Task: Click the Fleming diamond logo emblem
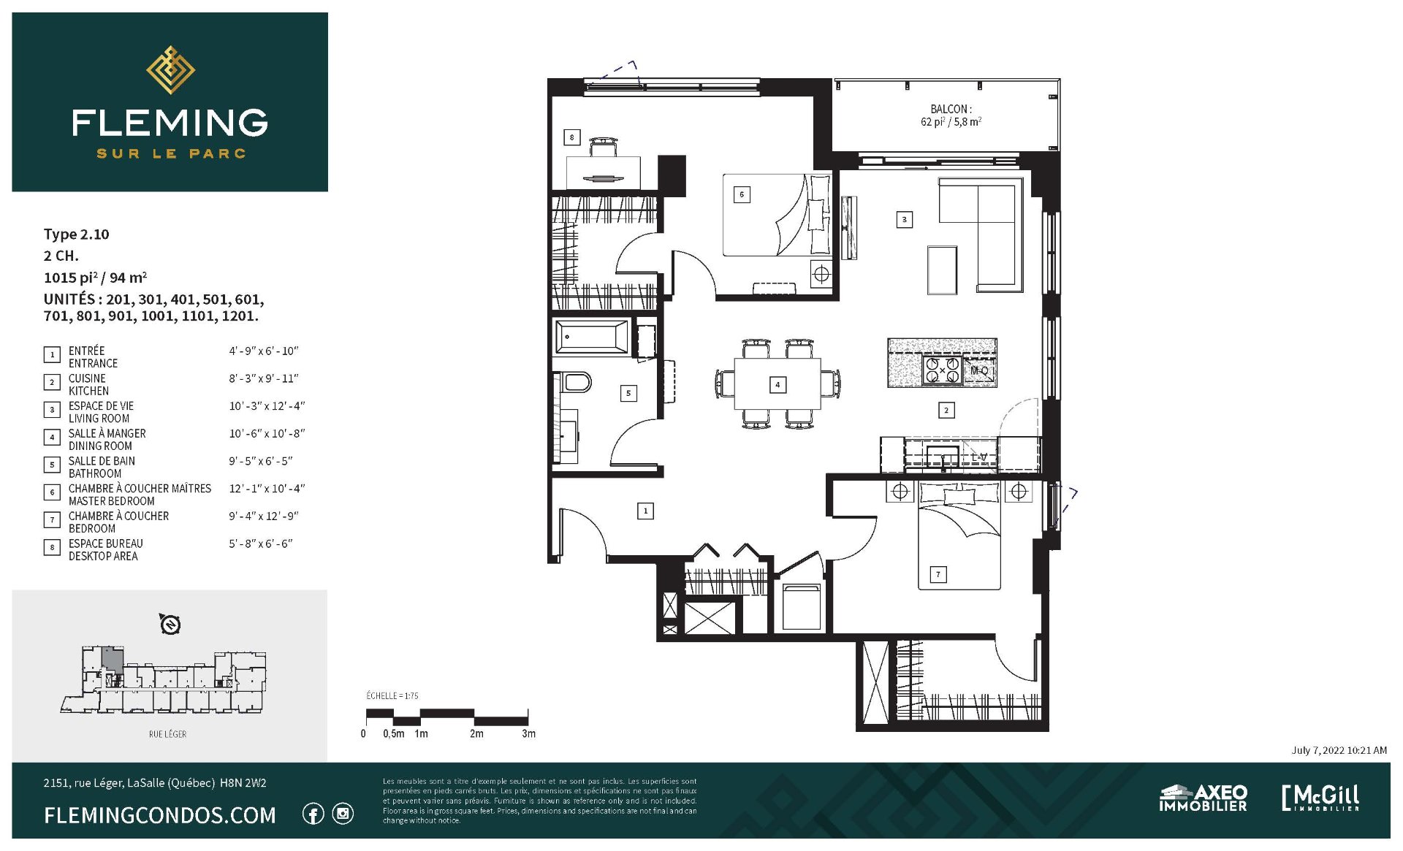[170, 70]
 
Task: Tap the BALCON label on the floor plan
[951, 109]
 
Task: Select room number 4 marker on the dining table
[777, 384]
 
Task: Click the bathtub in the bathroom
[592, 338]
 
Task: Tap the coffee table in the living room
[942, 270]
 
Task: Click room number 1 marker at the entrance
[645, 511]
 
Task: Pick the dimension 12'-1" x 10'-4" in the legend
[267, 489]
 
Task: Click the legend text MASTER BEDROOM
[112, 501]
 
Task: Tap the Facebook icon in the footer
[313, 814]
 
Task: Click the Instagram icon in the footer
[343, 814]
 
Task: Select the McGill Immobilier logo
[1320, 798]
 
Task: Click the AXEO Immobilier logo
[1203, 798]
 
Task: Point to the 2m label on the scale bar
[476, 733]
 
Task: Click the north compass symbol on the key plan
[170, 625]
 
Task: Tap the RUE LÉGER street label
[168, 734]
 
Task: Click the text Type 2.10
[76, 234]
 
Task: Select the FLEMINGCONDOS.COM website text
[160, 815]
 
